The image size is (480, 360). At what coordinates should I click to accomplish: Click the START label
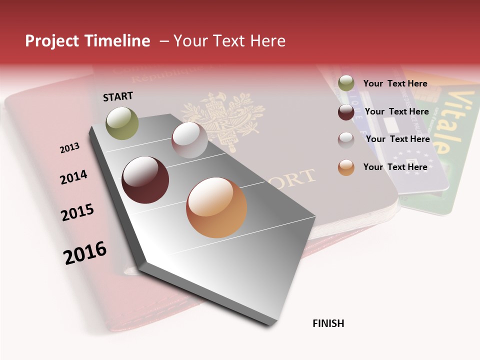click(x=118, y=96)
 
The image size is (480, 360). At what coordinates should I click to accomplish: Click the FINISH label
click(x=328, y=323)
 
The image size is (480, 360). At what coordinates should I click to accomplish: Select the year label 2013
click(x=69, y=148)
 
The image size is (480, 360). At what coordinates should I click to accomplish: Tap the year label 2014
click(x=73, y=177)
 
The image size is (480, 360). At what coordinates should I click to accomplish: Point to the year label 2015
click(x=77, y=212)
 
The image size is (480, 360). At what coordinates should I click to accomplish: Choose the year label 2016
click(x=85, y=252)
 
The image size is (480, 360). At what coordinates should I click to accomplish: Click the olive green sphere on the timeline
click(x=122, y=123)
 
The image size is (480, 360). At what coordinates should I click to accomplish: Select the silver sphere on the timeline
click(x=189, y=140)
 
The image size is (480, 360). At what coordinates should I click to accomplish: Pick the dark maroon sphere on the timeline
click(x=145, y=180)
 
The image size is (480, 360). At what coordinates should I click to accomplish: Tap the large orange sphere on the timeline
click(x=216, y=207)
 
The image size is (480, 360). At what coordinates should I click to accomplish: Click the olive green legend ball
click(x=346, y=83)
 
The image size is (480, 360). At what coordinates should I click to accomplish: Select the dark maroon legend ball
click(x=346, y=112)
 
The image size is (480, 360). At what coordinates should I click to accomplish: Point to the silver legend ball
click(x=346, y=140)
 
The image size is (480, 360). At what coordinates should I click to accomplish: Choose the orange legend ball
click(x=346, y=167)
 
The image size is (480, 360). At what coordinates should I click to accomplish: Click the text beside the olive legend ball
click(x=395, y=83)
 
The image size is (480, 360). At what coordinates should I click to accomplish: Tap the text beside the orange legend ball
click(x=395, y=167)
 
